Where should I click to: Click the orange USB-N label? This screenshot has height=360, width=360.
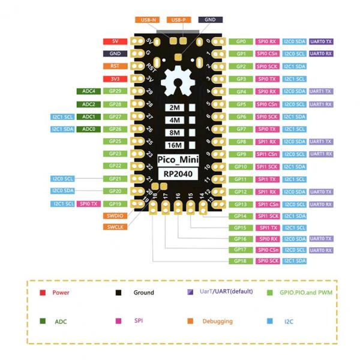149,20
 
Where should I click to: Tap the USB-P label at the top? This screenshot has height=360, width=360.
178,20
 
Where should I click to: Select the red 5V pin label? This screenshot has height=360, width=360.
114,41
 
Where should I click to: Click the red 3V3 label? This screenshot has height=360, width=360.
114,79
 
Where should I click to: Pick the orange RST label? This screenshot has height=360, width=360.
114,66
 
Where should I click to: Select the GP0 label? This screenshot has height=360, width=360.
241,41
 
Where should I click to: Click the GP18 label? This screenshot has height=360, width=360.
241,261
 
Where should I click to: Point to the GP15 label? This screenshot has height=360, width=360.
241,227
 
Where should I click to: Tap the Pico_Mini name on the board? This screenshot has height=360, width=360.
175,161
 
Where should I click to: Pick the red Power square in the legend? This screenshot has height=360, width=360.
43,293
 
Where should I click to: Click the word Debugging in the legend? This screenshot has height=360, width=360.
217,321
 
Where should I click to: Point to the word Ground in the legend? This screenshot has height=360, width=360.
143,293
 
